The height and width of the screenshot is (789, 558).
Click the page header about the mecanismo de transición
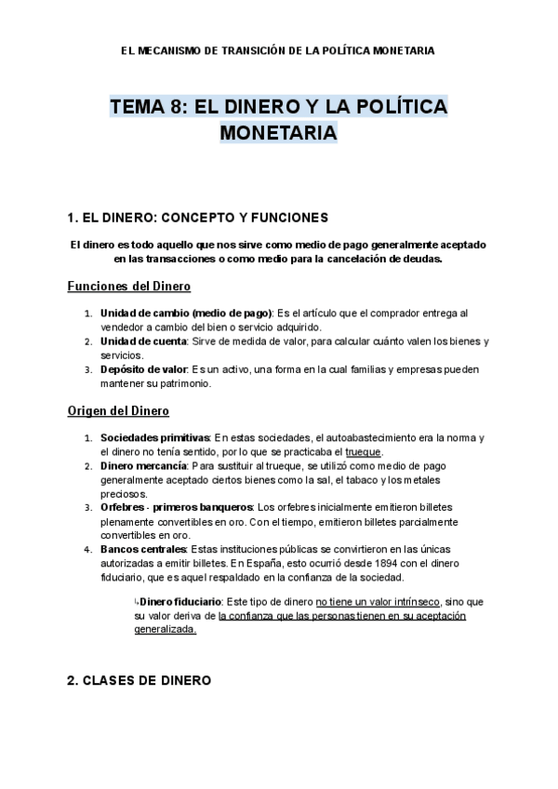(x=278, y=49)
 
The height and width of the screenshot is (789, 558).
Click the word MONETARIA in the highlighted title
(x=278, y=134)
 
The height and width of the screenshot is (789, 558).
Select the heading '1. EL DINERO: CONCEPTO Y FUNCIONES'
(x=198, y=218)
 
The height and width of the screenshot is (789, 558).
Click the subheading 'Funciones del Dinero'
(x=129, y=286)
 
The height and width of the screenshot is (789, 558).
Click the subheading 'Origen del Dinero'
(x=118, y=410)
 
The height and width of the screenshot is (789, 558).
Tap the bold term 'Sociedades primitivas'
(x=155, y=437)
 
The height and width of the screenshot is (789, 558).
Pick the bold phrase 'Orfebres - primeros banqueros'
(x=176, y=507)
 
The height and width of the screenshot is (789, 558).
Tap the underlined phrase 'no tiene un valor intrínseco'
(x=379, y=603)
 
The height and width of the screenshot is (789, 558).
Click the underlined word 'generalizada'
(x=165, y=630)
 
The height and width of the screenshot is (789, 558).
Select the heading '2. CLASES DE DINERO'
(x=139, y=681)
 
